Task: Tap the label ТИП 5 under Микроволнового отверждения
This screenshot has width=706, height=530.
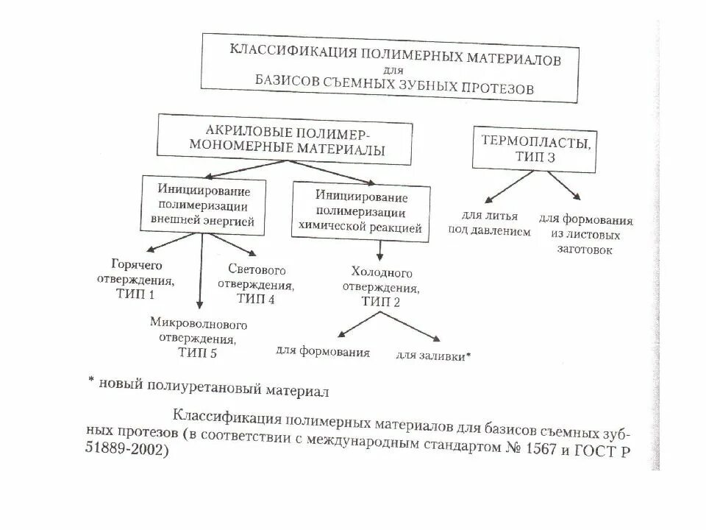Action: point(198,353)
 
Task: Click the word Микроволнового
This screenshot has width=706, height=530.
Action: point(198,324)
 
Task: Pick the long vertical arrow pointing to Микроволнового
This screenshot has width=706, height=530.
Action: point(200,272)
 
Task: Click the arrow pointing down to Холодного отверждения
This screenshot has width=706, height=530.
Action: point(379,253)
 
